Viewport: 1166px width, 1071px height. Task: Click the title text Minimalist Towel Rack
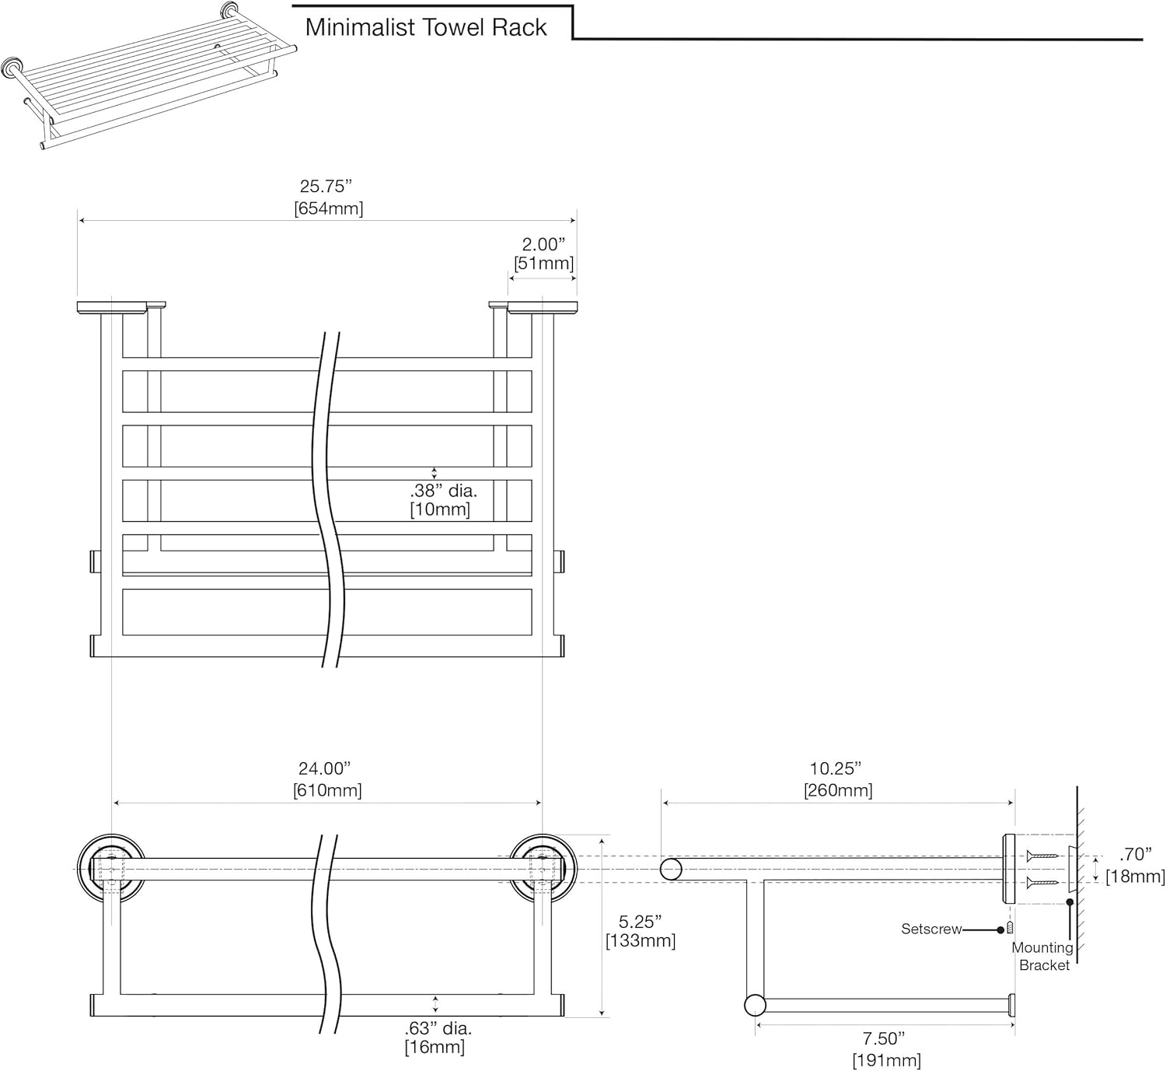point(426,27)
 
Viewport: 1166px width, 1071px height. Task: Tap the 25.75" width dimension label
point(326,187)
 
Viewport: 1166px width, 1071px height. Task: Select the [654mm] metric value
point(328,208)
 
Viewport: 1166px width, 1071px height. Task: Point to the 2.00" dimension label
point(543,244)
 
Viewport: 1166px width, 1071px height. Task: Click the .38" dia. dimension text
point(443,491)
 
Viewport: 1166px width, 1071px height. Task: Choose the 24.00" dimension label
point(325,768)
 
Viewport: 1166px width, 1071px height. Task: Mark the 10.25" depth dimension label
point(836,768)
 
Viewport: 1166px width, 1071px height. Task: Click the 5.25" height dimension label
point(640,922)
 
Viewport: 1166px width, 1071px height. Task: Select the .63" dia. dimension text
point(438,1028)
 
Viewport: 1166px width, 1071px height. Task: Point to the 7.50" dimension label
point(884,1038)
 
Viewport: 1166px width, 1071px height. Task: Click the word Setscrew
point(931,929)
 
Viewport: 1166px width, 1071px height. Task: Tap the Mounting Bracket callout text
point(1043,957)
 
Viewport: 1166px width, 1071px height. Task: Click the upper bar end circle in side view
point(671,869)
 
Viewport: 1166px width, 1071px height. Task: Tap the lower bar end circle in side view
point(755,1005)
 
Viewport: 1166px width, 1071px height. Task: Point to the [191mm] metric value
point(886,1060)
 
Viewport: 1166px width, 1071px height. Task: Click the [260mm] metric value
point(838,790)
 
